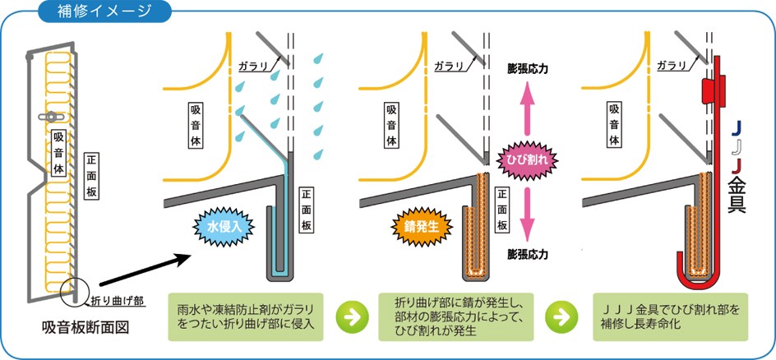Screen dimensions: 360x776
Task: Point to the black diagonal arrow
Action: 149,271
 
